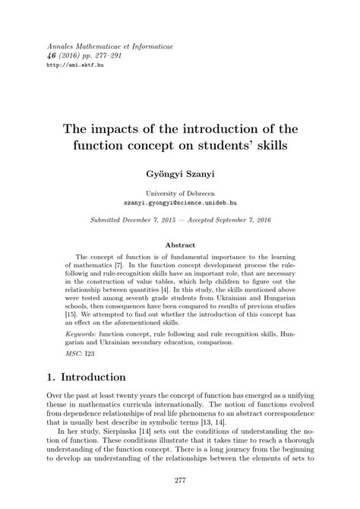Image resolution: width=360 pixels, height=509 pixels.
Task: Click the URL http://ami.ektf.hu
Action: click(72, 65)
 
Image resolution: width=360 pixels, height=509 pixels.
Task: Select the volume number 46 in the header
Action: click(52, 55)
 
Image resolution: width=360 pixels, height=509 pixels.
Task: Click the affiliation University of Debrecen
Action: click(180, 194)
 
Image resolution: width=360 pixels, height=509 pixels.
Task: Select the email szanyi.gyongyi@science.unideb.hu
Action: click(180, 204)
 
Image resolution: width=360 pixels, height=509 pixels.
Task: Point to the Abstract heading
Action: click(180, 245)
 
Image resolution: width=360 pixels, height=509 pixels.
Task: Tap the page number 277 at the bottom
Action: click(180, 479)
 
